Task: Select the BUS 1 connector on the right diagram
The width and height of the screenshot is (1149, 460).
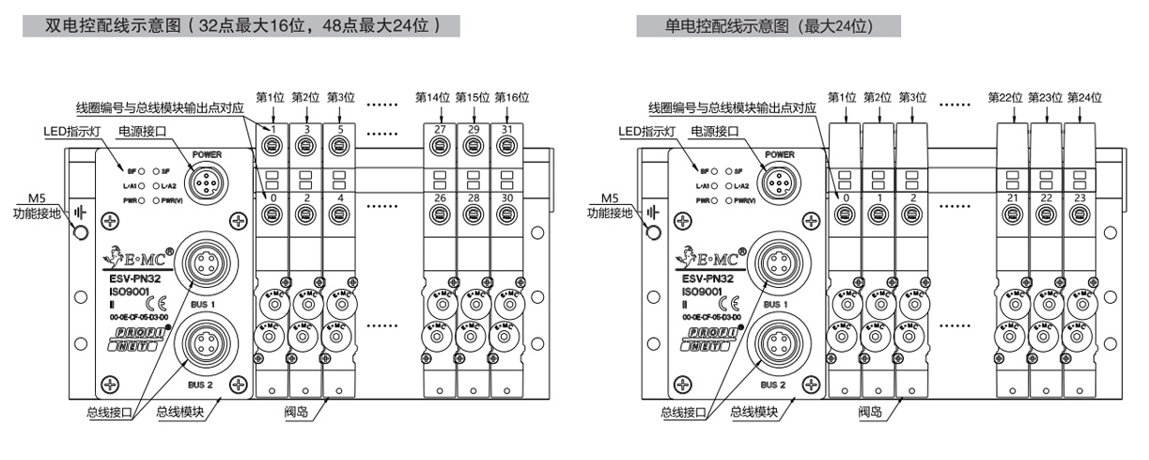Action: pos(777,258)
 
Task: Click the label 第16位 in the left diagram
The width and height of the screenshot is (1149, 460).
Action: pos(512,97)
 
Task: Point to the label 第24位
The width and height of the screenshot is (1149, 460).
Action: pos(1085,97)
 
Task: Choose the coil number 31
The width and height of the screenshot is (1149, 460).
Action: pos(506,129)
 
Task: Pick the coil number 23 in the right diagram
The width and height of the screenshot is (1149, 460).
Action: pos(1079,198)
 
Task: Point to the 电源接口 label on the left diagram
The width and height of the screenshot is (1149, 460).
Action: pos(138,132)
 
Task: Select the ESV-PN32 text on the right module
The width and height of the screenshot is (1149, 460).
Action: pos(714,278)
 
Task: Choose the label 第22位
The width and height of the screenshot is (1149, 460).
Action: pos(1005,97)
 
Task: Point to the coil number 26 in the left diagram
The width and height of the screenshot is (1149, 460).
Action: pos(440,198)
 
